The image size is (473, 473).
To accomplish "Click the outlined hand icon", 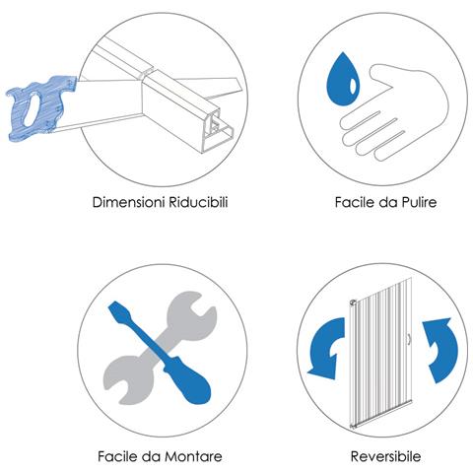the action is (394, 111).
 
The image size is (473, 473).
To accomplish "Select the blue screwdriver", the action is (161, 353).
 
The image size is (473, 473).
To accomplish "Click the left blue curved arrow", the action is (326, 348).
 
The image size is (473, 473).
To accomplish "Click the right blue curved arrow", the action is (440, 350).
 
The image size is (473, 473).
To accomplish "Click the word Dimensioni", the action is (129, 202).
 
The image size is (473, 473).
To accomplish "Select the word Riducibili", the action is (198, 202).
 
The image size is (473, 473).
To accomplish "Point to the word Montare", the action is (193, 456).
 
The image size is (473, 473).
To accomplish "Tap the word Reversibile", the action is (385, 456).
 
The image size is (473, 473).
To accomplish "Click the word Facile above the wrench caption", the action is (118, 456).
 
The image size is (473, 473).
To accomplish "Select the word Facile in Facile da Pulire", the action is (355, 202).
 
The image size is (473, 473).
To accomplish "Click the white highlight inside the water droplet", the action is (353, 86).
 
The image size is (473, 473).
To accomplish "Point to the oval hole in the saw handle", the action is (31, 109).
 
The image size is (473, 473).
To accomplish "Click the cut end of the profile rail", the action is (218, 131).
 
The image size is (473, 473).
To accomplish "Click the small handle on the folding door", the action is (409, 340).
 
